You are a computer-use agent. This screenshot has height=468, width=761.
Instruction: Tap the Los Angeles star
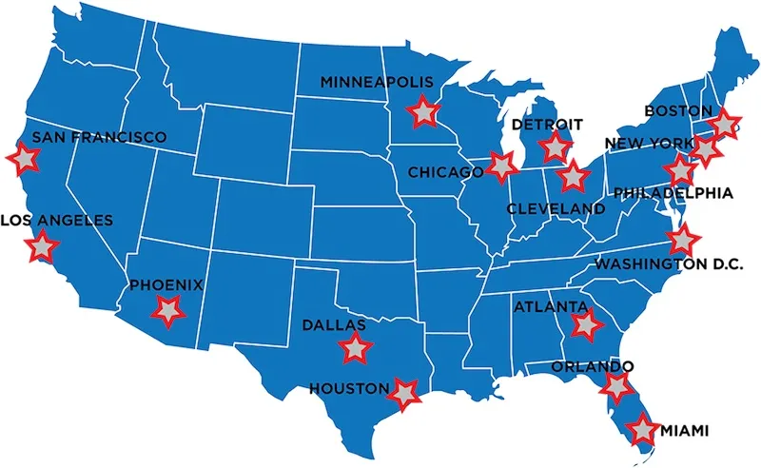[x=42, y=247]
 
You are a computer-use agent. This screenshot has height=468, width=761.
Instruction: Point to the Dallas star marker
[x=354, y=347]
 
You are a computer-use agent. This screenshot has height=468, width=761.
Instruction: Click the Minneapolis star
[x=421, y=112]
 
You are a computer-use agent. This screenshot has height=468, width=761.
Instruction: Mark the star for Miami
[x=643, y=430]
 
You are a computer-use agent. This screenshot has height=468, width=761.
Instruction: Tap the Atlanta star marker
[x=584, y=324]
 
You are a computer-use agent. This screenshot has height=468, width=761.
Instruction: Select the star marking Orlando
[x=617, y=386]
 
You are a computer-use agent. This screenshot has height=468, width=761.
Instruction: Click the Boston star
[x=725, y=124]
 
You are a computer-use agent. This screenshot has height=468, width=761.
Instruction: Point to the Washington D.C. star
[x=681, y=241]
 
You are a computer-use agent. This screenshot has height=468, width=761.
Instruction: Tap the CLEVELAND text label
[x=556, y=208]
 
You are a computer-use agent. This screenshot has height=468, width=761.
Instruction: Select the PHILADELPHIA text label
[x=673, y=193]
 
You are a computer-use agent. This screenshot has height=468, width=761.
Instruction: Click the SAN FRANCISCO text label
[x=99, y=138]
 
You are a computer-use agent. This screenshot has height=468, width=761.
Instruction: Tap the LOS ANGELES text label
[x=56, y=221]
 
